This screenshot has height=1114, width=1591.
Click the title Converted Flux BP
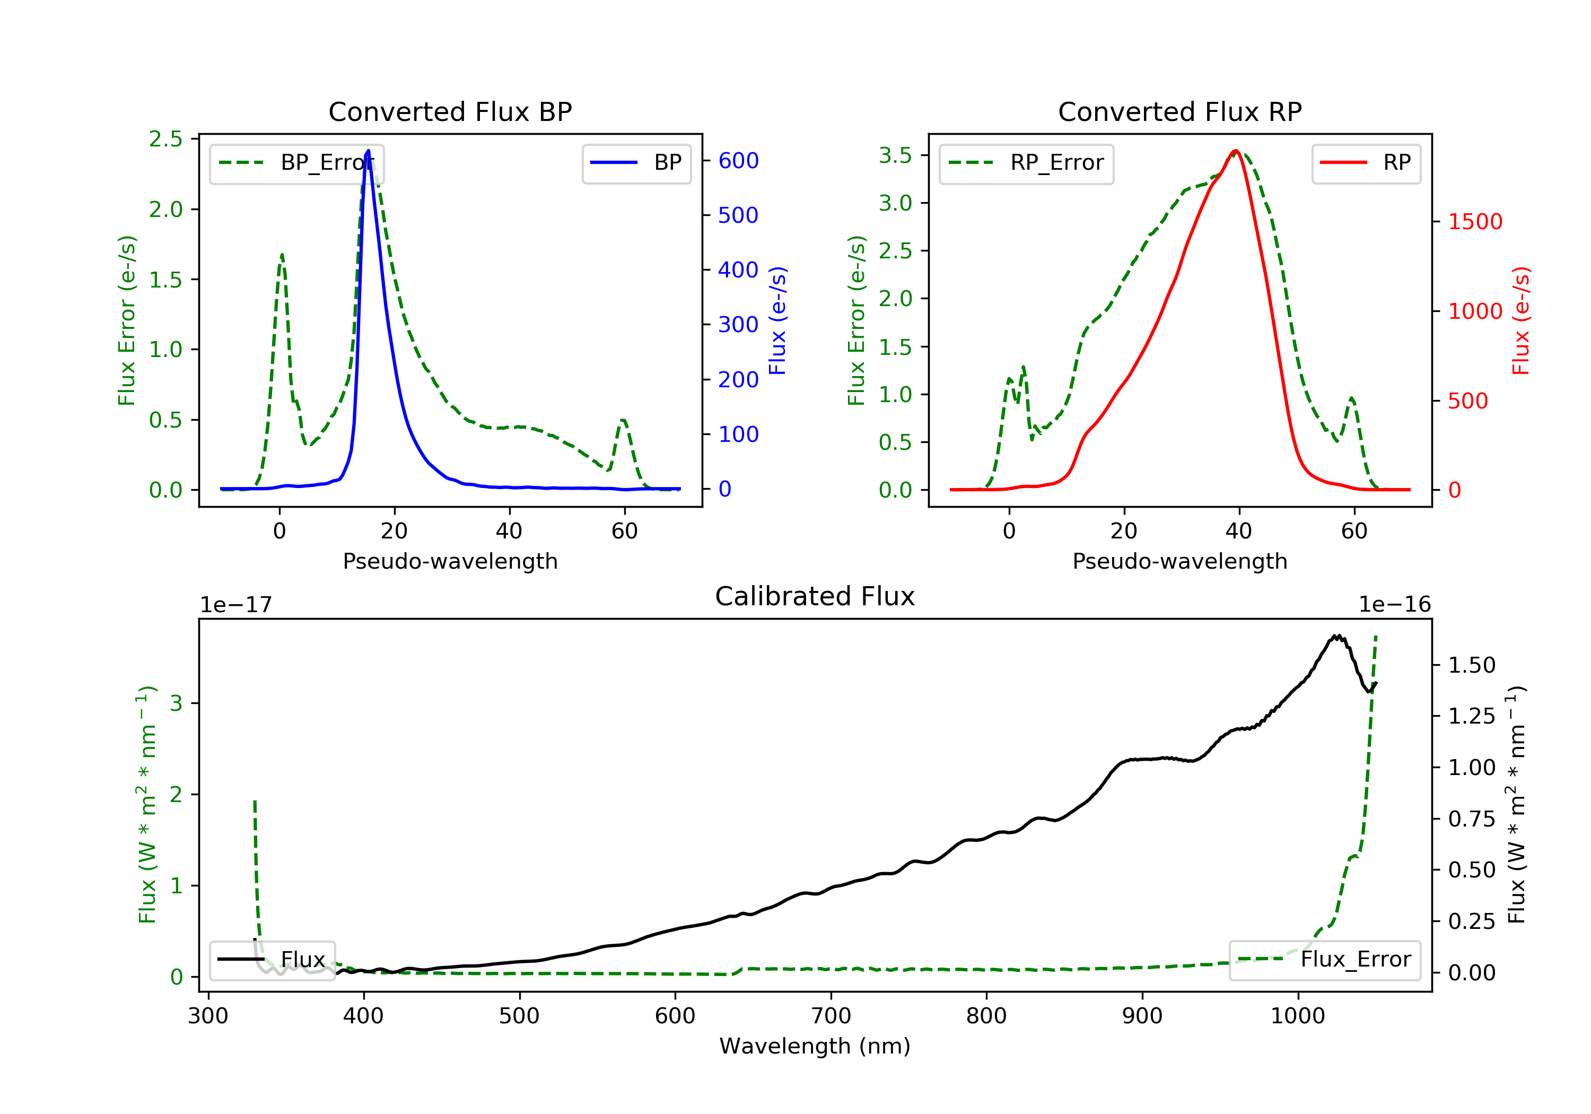click(450, 111)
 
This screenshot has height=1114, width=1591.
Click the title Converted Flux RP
click(1179, 111)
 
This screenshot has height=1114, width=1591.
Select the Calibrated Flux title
click(815, 596)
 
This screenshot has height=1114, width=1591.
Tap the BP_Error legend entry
click(296, 163)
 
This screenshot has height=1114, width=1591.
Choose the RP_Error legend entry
click(1026, 163)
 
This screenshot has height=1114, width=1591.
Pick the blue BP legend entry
click(636, 163)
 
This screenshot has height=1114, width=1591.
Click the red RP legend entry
click(1365, 163)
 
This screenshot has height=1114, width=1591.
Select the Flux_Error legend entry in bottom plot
click(1324, 960)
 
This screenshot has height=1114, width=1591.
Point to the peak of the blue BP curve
click(368, 151)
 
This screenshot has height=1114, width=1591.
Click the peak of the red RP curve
click(1236, 151)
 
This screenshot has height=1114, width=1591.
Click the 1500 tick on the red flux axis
click(1474, 222)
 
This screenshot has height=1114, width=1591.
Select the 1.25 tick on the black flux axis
click(1472, 716)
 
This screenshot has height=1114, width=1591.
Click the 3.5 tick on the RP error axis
click(895, 155)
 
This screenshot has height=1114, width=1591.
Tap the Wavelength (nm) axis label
click(815, 1046)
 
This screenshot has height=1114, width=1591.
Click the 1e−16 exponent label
click(1394, 605)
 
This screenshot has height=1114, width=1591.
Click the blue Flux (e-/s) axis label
click(778, 321)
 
